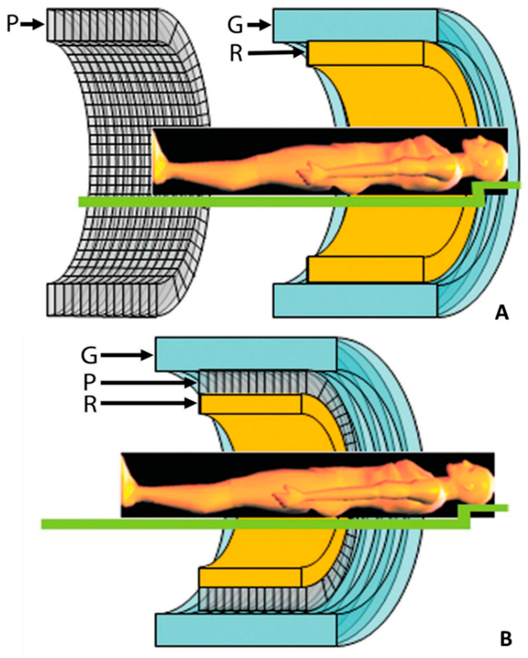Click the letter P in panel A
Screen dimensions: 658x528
point(10,25)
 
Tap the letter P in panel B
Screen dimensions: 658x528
point(89,382)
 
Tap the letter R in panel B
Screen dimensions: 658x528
point(89,404)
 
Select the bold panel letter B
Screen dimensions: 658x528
point(506,639)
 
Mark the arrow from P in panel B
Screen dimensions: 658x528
point(148,383)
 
